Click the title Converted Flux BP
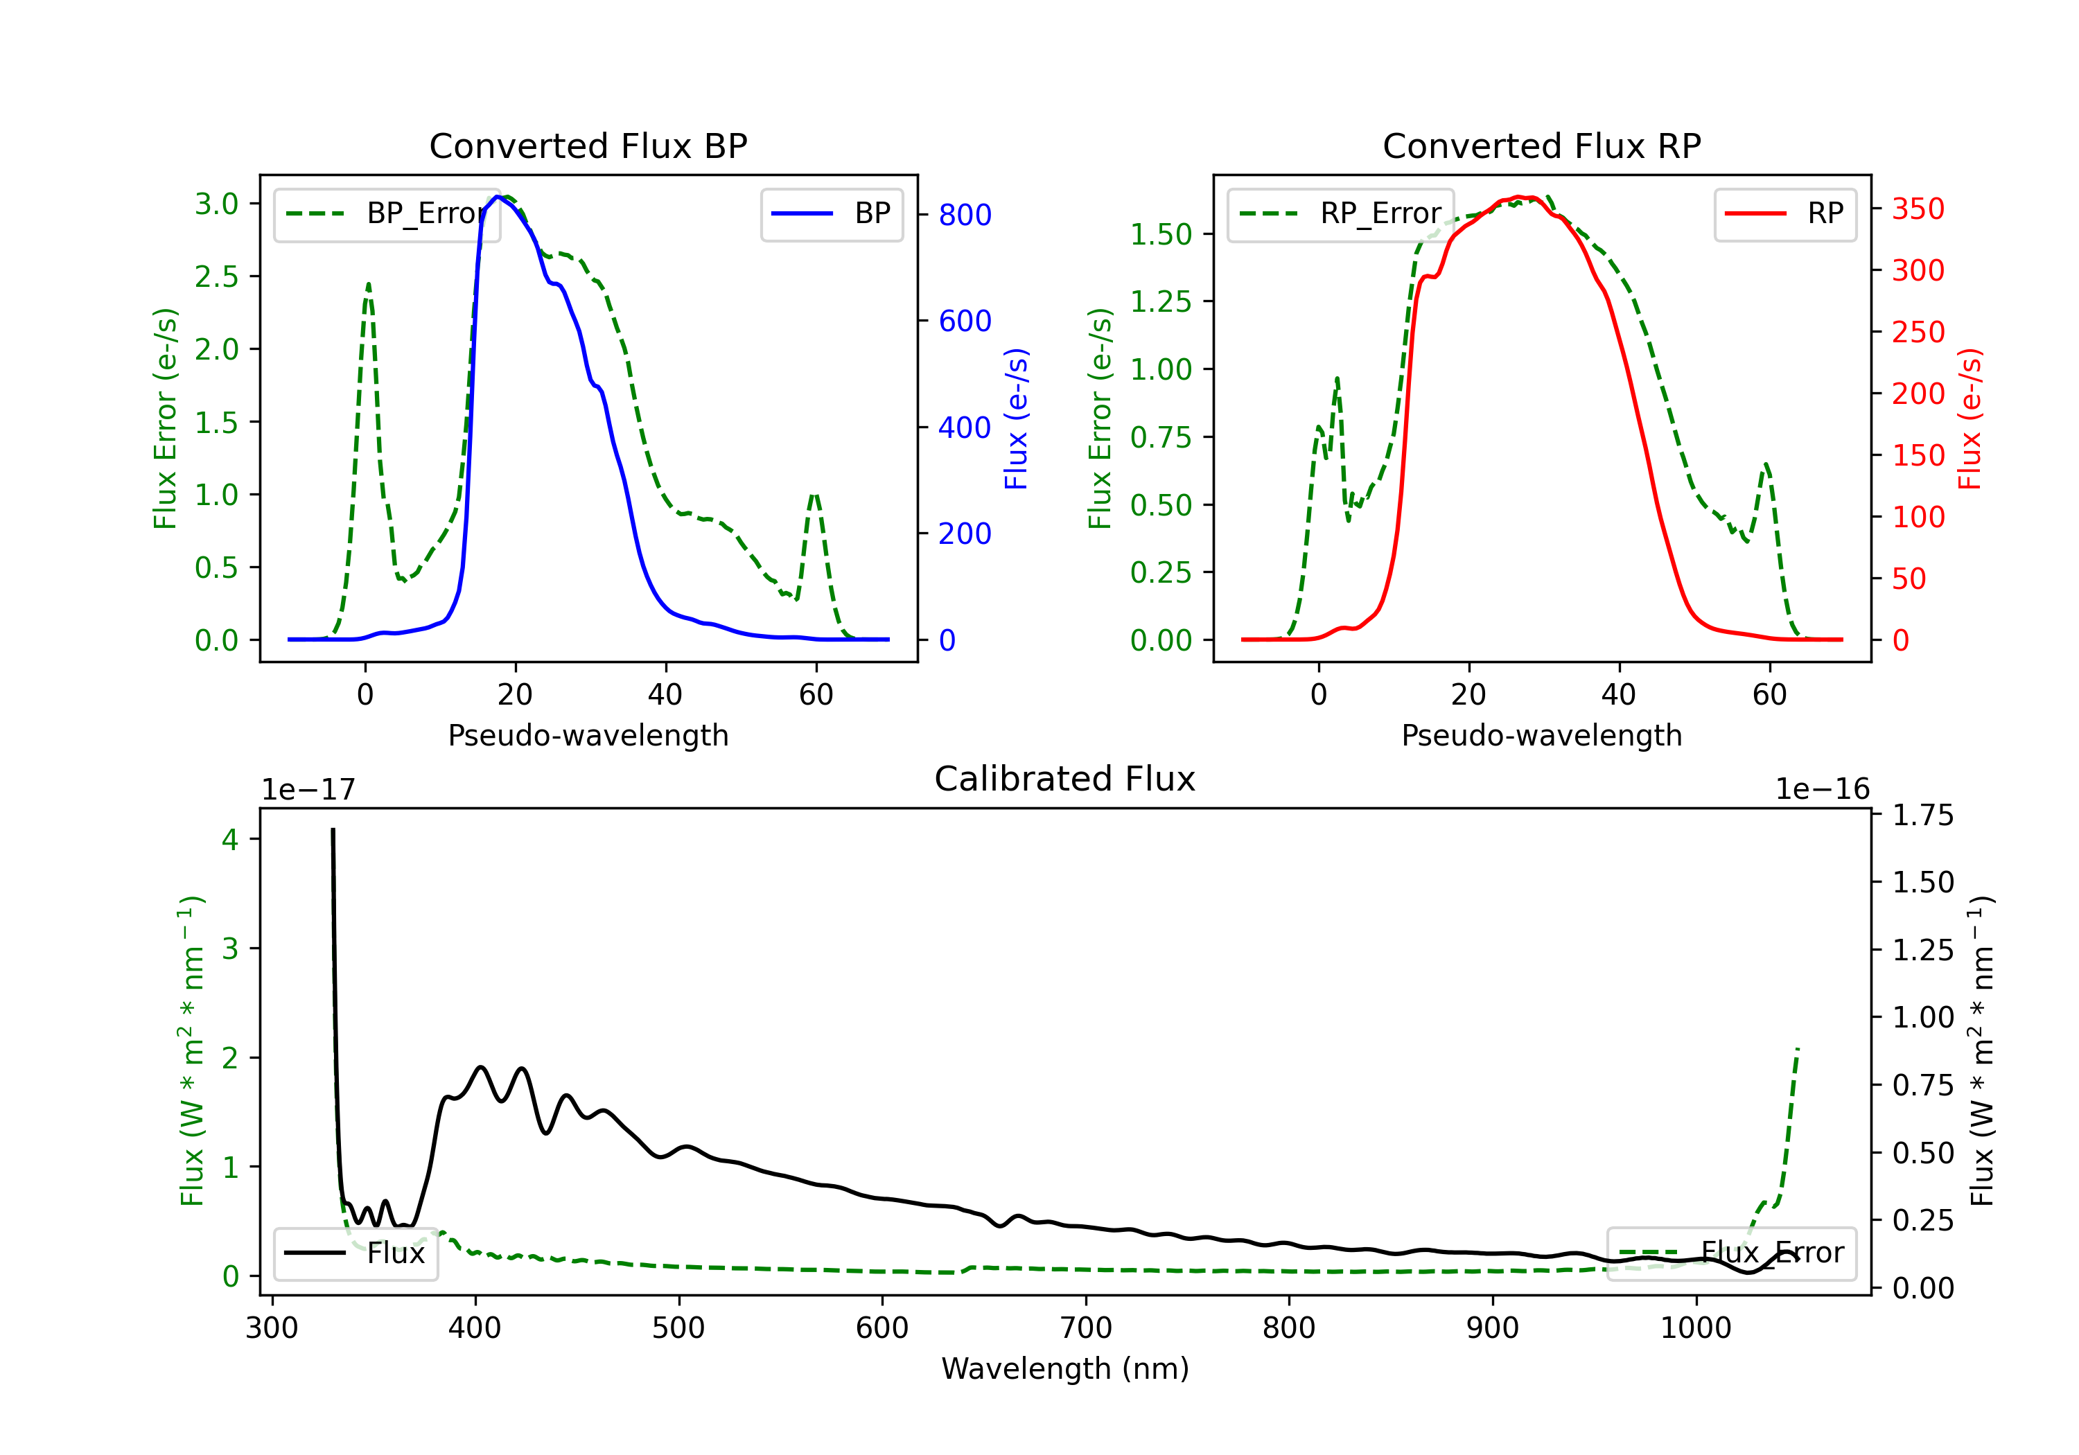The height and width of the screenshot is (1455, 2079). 588,145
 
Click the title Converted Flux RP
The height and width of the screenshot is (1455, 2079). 1541,145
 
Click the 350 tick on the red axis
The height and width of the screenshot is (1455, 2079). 1918,209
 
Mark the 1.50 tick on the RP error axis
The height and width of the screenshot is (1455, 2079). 1161,234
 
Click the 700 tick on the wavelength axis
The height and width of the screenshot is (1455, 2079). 1086,1328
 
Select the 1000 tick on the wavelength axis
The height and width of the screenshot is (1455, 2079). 1695,1328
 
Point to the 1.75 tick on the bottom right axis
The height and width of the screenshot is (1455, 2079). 1922,815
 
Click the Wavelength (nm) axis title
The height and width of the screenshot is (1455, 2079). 1065,1368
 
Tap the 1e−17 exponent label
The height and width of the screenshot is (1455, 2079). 308,790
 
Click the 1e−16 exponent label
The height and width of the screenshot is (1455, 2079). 1822,790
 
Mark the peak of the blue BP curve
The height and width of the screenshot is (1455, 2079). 497,197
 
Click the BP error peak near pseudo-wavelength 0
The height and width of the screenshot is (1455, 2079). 367,284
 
